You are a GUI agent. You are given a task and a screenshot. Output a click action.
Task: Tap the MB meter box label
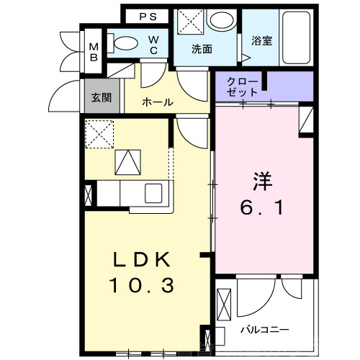(x=94, y=54)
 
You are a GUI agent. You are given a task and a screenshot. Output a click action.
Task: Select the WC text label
(x=155, y=45)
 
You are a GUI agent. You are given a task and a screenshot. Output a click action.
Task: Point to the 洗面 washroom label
(x=202, y=50)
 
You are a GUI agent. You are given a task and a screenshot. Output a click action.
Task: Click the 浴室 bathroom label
(x=261, y=42)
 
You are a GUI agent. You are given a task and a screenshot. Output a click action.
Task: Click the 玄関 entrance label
(x=102, y=97)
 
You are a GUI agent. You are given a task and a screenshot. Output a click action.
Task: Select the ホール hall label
(x=157, y=102)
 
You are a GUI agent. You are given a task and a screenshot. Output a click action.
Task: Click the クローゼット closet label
(x=241, y=88)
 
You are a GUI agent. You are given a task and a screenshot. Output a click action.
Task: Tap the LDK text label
(x=140, y=260)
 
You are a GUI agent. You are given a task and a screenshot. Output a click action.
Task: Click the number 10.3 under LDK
(x=141, y=287)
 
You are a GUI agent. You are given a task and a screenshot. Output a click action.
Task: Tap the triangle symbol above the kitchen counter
(x=129, y=162)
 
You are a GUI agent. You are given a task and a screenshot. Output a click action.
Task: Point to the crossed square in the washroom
(x=189, y=21)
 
